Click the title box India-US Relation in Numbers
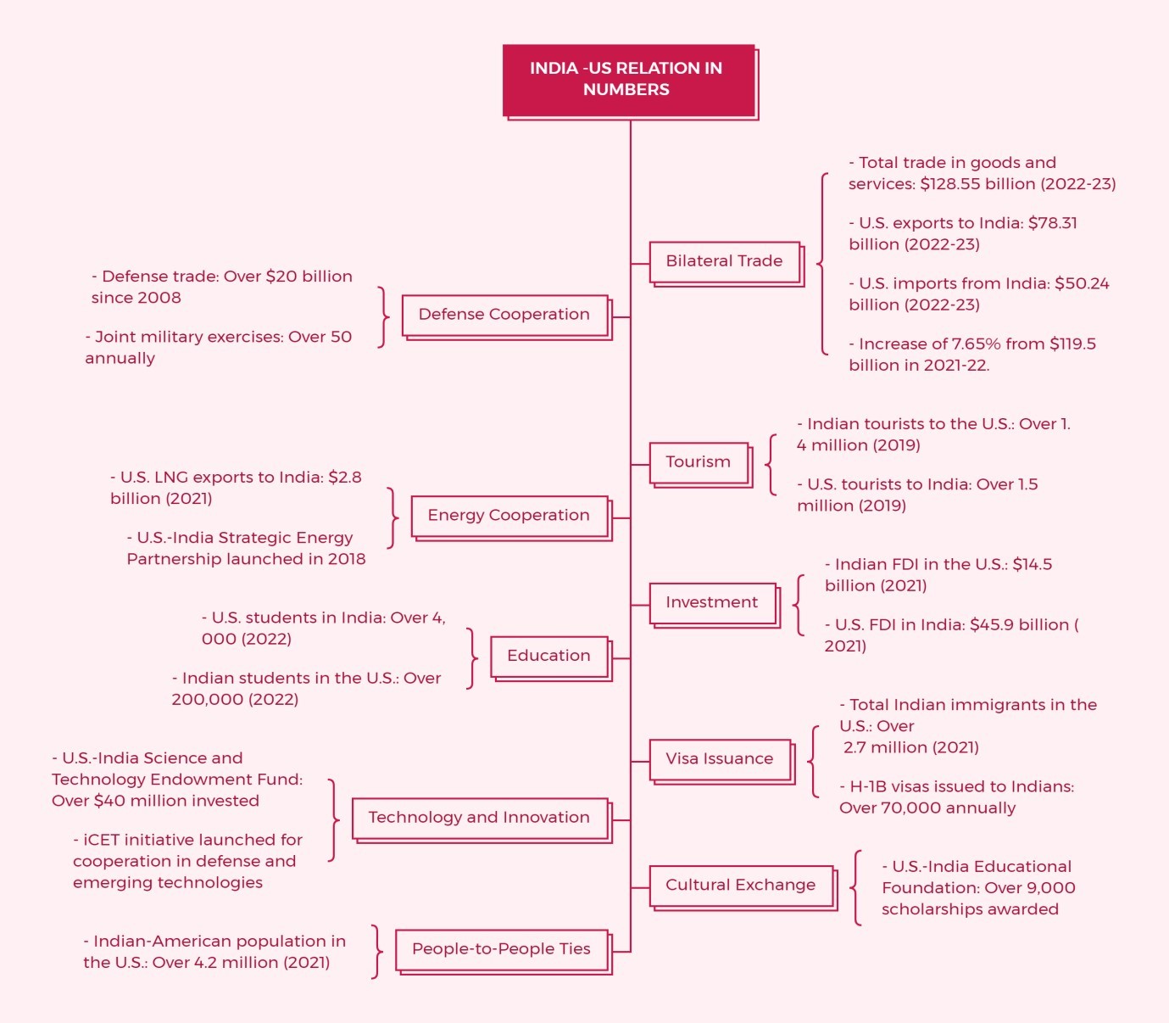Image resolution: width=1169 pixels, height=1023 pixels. [628, 80]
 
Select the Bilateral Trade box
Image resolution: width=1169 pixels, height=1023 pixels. [725, 261]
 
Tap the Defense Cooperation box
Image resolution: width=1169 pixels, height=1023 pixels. [504, 315]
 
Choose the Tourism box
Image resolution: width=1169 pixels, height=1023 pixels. [699, 462]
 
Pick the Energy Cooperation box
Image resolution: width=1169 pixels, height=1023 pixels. [509, 516]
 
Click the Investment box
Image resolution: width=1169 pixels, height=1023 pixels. [712, 602]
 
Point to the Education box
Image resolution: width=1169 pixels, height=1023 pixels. [548, 656]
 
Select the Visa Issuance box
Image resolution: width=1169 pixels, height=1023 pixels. [720, 759]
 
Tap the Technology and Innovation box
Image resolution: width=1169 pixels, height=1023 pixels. [479, 818]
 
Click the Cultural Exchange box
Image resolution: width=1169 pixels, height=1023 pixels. [741, 886]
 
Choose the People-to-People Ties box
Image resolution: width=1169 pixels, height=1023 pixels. [501, 949]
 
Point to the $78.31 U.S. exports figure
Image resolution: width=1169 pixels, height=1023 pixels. [1053, 223]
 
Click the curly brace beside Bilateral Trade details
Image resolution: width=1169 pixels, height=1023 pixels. [822, 264]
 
